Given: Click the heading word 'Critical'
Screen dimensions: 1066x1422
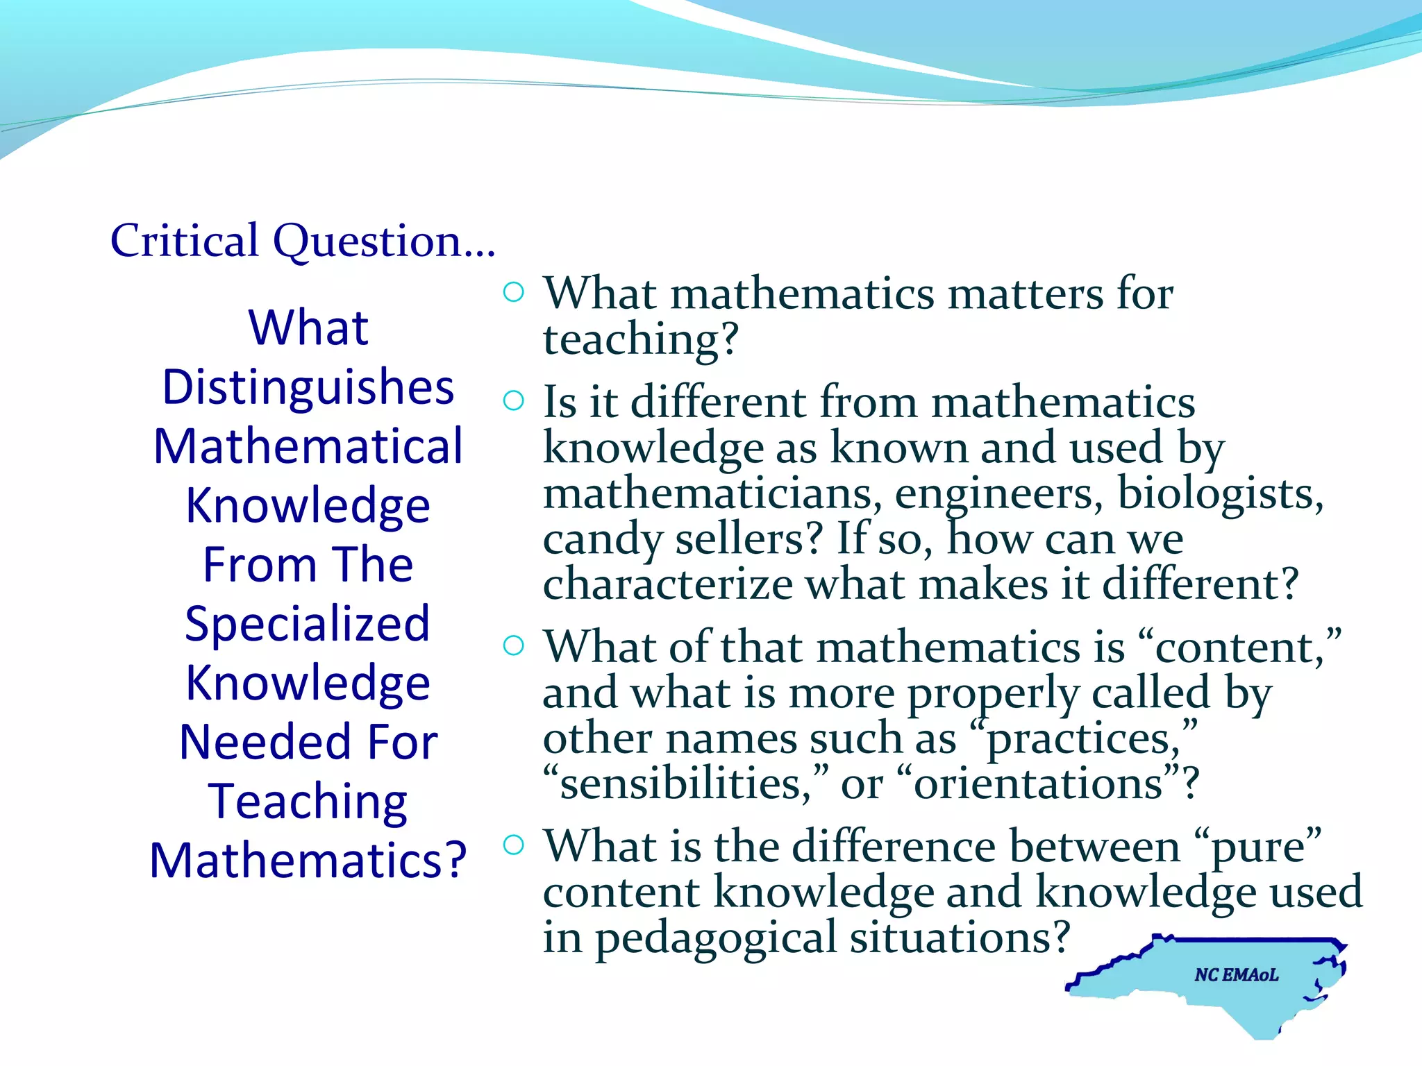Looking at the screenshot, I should [184, 241].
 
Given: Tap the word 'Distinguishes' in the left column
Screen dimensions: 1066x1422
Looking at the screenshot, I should [308, 387].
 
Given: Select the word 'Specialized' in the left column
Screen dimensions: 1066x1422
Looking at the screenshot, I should [308, 623].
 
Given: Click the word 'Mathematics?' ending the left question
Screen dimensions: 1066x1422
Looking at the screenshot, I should [308, 861].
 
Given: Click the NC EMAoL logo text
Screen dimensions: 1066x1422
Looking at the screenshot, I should [1236, 975].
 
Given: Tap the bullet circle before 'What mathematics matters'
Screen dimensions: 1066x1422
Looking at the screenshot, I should [513, 292].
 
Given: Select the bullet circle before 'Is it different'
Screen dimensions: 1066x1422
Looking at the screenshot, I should [513, 400].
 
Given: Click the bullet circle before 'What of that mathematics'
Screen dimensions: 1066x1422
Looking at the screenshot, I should [513, 646].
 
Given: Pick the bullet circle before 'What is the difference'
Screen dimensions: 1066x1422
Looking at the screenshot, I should [513, 845].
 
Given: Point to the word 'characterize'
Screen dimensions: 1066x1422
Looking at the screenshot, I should [667, 584].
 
